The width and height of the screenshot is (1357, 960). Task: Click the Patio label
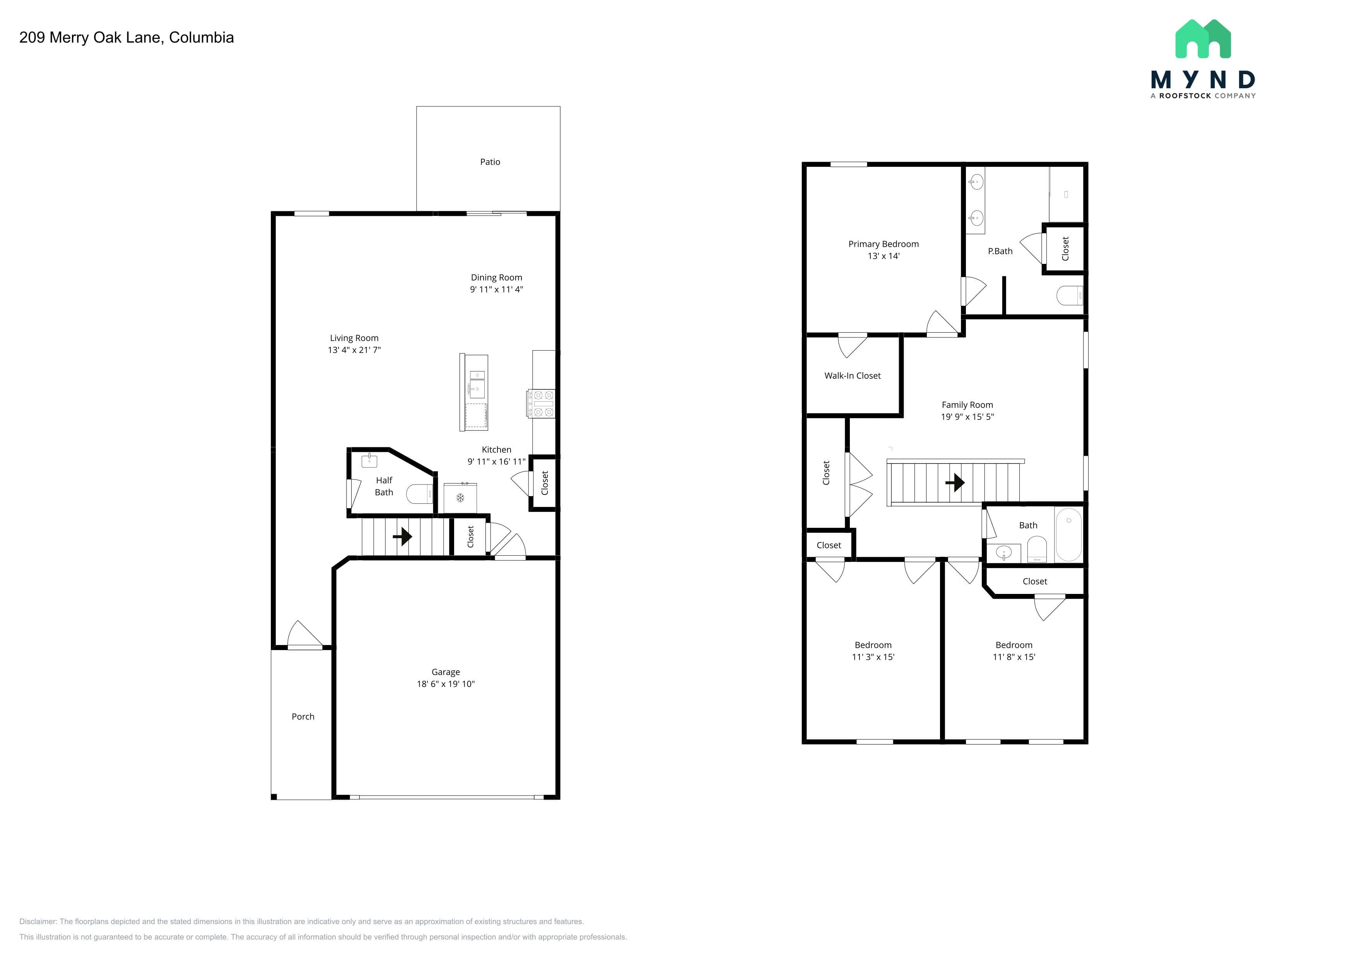[x=490, y=162]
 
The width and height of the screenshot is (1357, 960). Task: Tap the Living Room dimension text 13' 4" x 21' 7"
[x=354, y=350]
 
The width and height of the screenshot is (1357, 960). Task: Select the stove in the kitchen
[x=541, y=404]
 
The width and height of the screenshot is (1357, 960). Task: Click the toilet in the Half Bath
[x=420, y=494]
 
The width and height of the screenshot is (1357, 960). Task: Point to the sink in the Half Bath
[x=369, y=460]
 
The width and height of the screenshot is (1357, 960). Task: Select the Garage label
[x=446, y=672]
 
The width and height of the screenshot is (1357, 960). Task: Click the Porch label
[x=303, y=717]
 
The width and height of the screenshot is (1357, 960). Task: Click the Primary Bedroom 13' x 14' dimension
[x=884, y=256]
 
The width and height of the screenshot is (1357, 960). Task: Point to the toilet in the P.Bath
[x=1070, y=295]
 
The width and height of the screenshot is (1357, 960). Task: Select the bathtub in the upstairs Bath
[x=1068, y=534]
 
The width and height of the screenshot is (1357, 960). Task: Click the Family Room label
[x=967, y=405]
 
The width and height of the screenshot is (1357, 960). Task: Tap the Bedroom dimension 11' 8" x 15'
[x=1014, y=657]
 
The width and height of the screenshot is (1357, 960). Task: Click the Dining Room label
[x=496, y=277]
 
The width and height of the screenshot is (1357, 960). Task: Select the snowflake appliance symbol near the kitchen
[x=460, y=498]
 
